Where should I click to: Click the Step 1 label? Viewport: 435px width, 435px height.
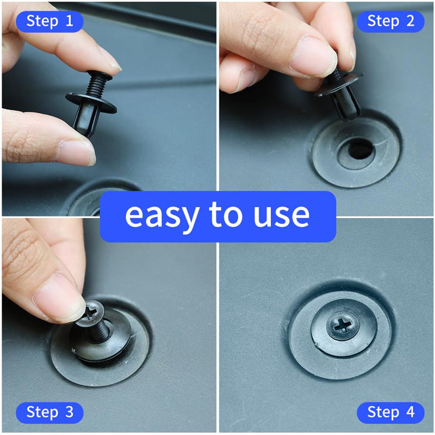(x=49, y=21)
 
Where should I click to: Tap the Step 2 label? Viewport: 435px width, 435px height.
(x=390, y=21)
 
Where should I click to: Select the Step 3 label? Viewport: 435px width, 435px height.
(x=49, y=412)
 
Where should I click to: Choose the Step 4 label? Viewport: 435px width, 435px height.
(x=390, y=412)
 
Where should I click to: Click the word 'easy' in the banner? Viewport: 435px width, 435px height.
(x=161, y=215)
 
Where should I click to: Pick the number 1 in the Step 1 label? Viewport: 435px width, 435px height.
(x=69, y=21)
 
